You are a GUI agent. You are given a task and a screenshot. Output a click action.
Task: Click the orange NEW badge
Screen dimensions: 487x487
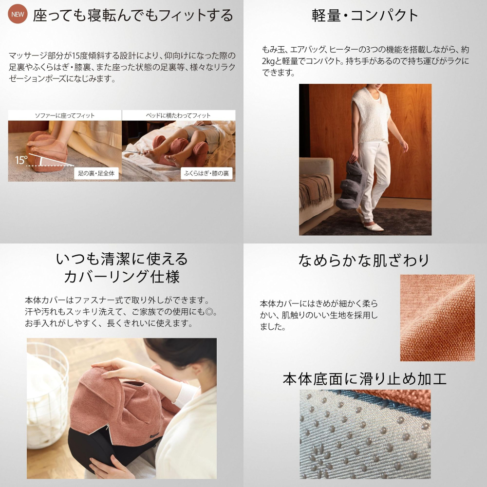(18, 14)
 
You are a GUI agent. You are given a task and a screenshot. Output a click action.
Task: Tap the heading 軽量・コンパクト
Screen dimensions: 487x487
(365, 15)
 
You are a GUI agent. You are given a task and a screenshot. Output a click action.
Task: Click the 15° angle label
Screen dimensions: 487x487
(21, 160)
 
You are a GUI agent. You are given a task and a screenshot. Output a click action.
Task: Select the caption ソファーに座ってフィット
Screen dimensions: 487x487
(65, 115)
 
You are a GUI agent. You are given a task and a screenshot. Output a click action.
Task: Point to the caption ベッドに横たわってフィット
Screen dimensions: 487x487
(178, 115)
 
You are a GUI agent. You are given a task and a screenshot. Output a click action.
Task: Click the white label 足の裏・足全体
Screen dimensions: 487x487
(96, 173)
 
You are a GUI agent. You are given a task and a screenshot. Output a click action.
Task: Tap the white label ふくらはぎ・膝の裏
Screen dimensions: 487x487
(206, 173)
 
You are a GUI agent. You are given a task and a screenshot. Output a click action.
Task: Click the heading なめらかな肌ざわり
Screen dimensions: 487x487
(363, 260)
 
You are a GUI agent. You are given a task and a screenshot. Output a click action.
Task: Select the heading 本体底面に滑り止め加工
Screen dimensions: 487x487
(365, 379)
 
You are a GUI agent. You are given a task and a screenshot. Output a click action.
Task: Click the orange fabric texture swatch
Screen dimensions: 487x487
(437, 318)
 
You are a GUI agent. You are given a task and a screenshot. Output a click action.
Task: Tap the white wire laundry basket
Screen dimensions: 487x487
(47, 394)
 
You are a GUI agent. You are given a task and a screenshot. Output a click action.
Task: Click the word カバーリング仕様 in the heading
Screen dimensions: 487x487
(122, 277)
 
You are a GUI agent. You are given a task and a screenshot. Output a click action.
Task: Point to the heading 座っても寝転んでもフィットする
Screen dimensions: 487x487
(133, 15)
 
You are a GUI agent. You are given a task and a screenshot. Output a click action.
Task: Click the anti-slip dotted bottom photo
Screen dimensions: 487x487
(365, 434)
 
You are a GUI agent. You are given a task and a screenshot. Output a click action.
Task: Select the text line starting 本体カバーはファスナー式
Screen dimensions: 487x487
(117, 300)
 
